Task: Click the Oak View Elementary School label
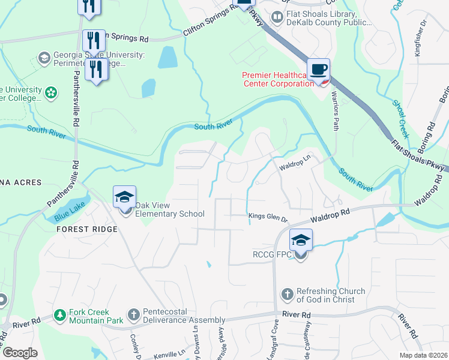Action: coord(170,209)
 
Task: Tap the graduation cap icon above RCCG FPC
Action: coord(301,241)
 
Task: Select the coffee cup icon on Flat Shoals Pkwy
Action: coord(319,68)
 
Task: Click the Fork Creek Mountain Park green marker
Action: coord(59,314)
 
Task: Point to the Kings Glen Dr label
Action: coord(268,217)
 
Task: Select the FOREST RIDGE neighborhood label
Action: coord(81,229)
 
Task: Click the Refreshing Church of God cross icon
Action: coord(287,295)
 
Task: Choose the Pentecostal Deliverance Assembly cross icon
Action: coord(134,314)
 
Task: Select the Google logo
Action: coord(20,353)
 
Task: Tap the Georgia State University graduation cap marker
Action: coord(43,58)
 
